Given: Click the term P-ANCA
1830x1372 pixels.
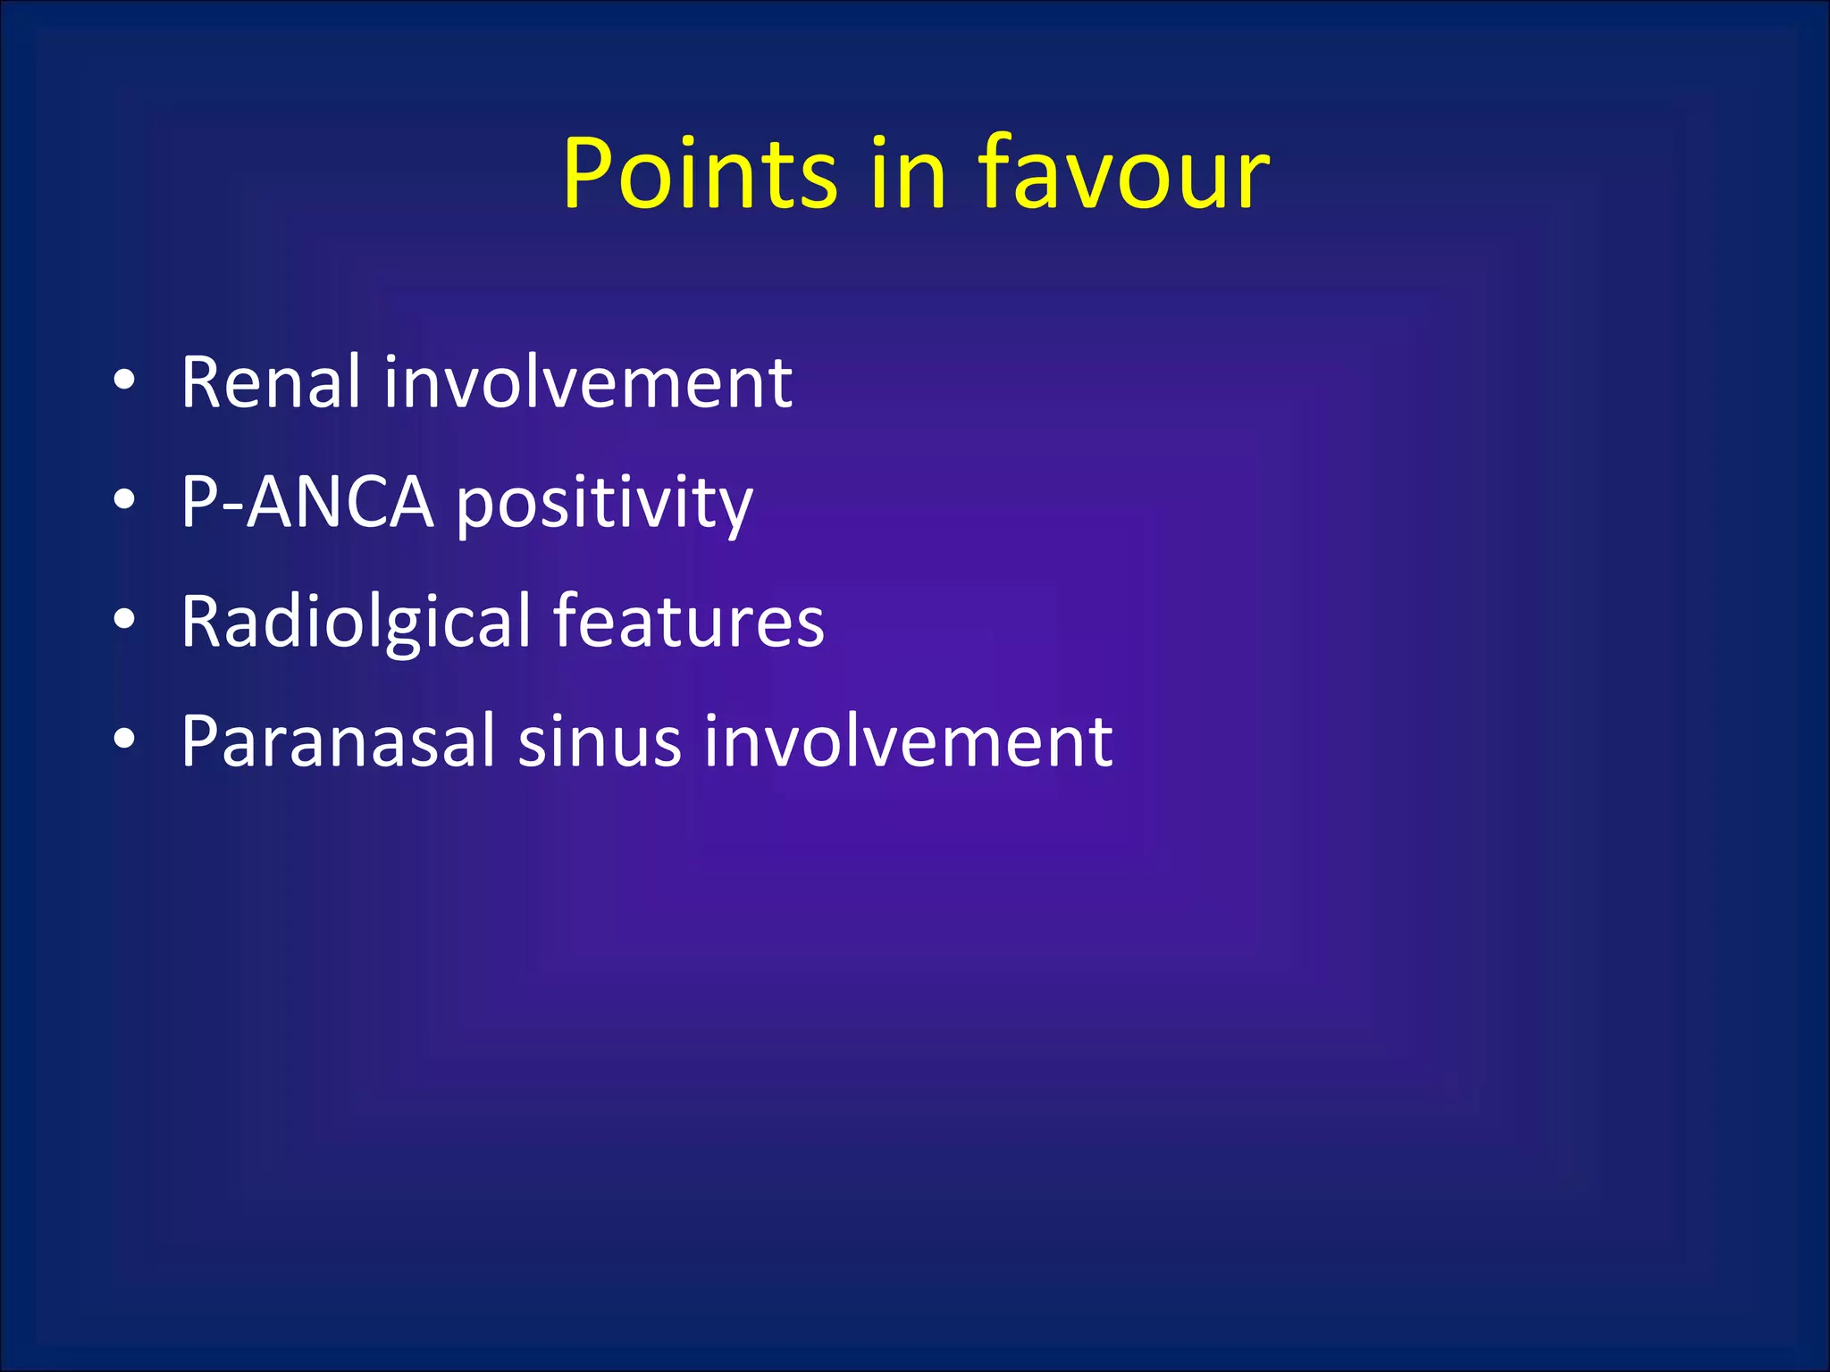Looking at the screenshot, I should click(307, 502).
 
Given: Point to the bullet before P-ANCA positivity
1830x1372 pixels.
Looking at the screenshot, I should click(124, 500).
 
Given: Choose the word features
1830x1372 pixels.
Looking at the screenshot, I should click(688, 621).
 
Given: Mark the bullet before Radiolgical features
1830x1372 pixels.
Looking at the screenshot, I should click(124, 618).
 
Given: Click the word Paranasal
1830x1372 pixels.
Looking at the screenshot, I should click(338, 740).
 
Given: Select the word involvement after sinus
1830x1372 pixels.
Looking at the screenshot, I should click(908, 740).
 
